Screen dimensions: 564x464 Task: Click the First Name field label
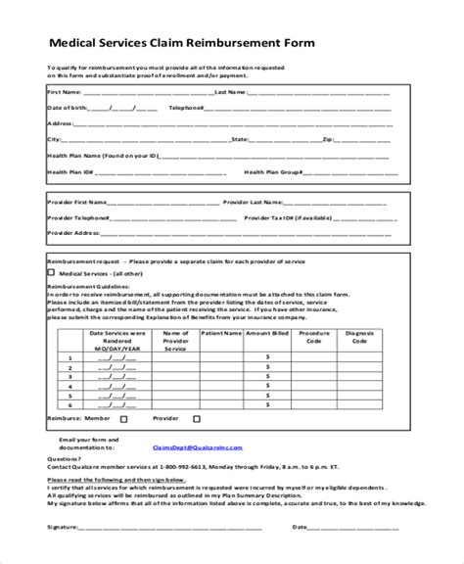tap(66, 91)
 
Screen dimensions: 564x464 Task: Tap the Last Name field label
tap(230, 91)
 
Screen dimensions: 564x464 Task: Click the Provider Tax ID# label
tap(298, 218)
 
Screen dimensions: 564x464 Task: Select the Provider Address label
tap(74, 234)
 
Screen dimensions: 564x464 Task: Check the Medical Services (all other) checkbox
tap(51, 275)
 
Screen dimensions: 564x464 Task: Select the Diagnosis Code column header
tap(359, 338)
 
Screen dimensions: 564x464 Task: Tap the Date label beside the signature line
tap(301, 526)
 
